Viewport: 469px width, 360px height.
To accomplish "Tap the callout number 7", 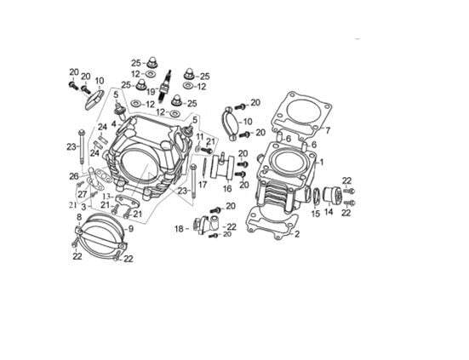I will pyautogui.click(x=327, y=130).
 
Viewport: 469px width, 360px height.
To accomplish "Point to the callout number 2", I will pyautogui.click(x=296, y=234).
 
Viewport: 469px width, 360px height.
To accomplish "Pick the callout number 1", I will pyautogui.click(x=321, y=161).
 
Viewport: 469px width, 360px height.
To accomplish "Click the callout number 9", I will pyautogui.click(x=130, y=229).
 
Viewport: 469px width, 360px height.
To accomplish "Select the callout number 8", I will pyautogui.click(x=78, y=217).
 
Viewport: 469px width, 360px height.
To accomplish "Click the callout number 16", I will pyautogui.click(x=227, y=189).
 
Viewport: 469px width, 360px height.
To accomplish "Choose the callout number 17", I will pyautogui.click(x=203, y=184).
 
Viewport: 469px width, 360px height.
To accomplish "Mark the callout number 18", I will pyautogui.click(x=179, y=228).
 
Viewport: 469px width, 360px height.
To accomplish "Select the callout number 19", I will pyautogui.click(x=151, y=91).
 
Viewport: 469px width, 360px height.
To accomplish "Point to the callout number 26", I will pyautogui.click(x=74, y=176).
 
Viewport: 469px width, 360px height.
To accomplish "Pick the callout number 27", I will pyautogui.click(x=83, y=194).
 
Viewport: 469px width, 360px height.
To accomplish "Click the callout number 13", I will pyautogui.click(x=108, y=196).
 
